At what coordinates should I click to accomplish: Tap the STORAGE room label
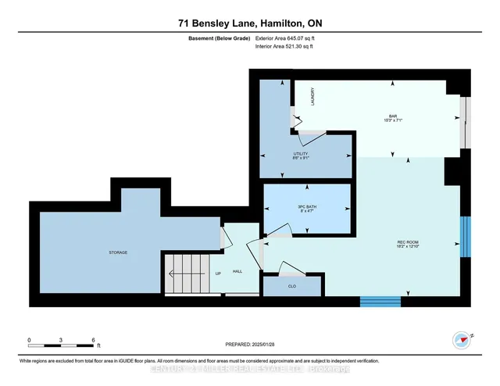118,252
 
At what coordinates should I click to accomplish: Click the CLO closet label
291,286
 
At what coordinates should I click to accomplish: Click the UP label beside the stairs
218,273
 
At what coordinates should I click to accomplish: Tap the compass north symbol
460,340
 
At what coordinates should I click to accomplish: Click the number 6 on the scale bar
94,341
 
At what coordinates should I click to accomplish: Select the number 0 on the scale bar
29,341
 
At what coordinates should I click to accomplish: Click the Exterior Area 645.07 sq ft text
287,38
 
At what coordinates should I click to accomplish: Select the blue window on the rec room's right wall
466,237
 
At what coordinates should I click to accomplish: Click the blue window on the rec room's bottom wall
380,301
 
